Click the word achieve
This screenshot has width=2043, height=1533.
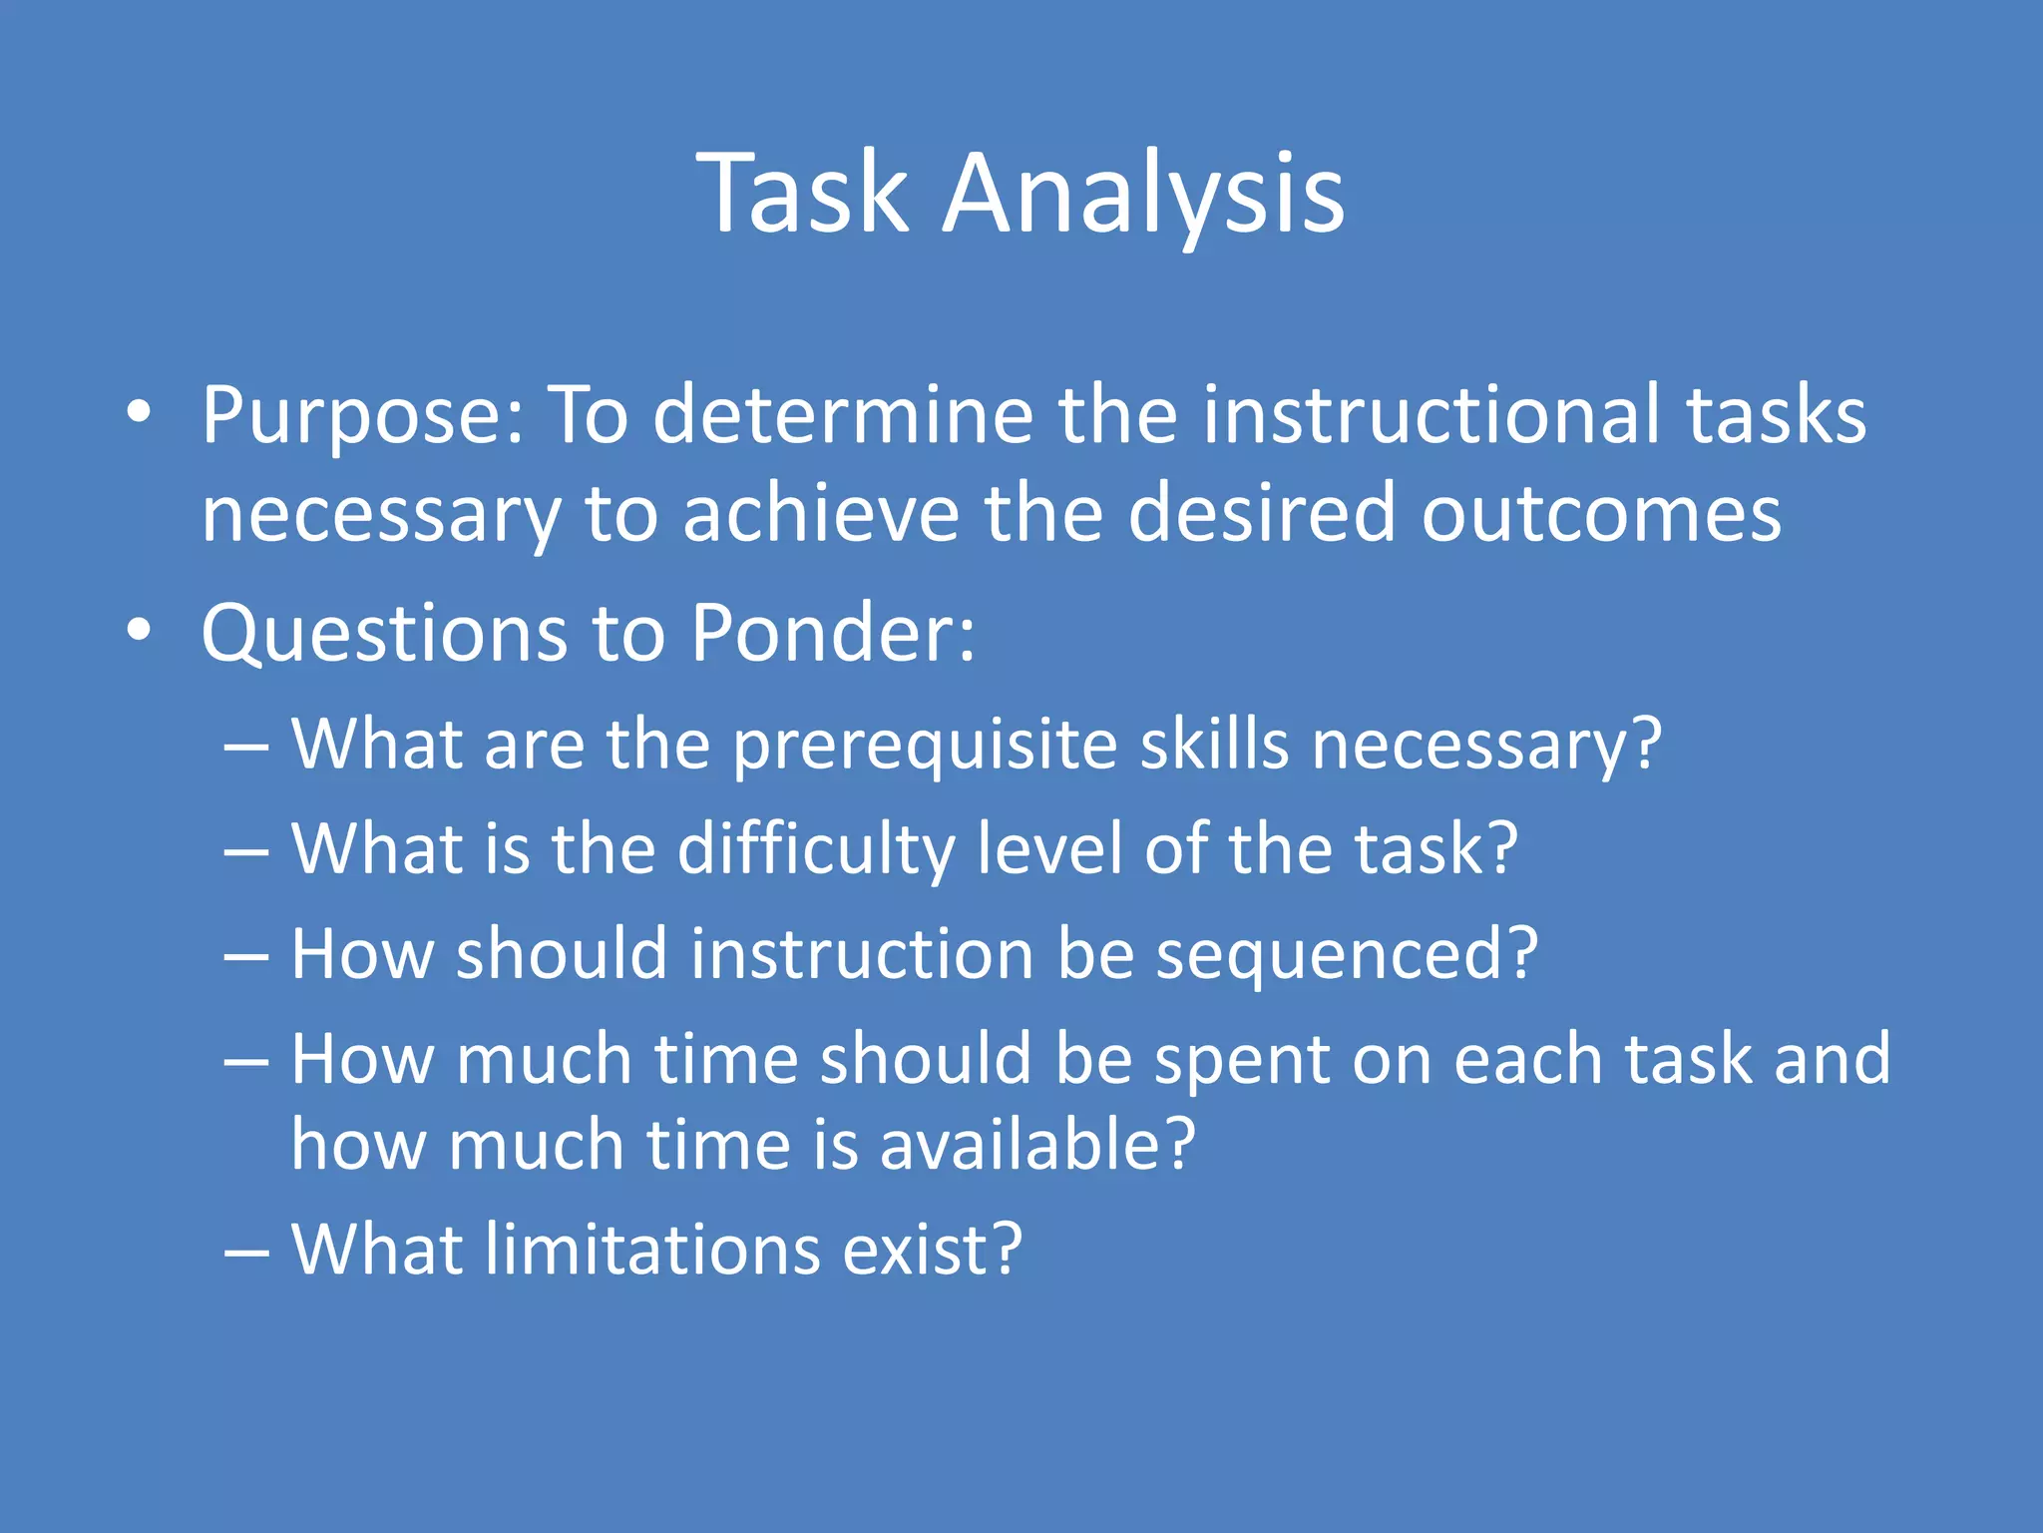820,513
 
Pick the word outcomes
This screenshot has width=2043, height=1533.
1600,513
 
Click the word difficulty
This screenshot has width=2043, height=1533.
816,849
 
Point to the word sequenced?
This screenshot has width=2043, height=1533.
1347,955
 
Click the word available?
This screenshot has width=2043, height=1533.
1036,1145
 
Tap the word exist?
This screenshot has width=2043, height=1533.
932,1250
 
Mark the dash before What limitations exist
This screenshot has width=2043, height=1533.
246,1252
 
